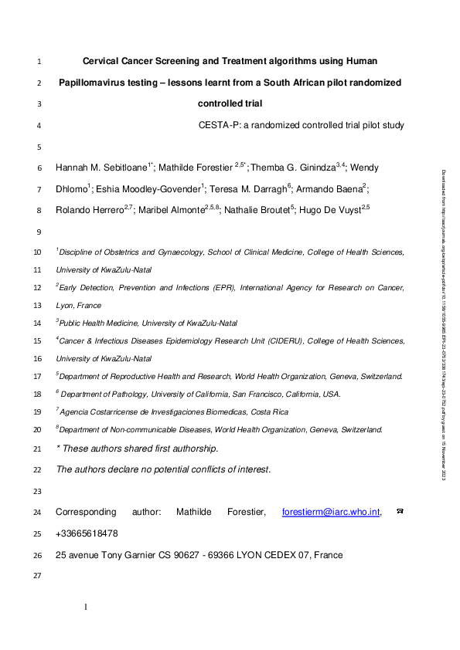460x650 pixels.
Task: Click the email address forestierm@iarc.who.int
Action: (x=332, y=511)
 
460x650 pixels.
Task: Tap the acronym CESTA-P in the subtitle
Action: (x=216, y=125)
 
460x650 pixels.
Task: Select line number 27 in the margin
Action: (x=39, y=576)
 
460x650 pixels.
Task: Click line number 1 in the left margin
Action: (x=39, y=60)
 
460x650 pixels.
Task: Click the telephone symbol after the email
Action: (x=400, y=511)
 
